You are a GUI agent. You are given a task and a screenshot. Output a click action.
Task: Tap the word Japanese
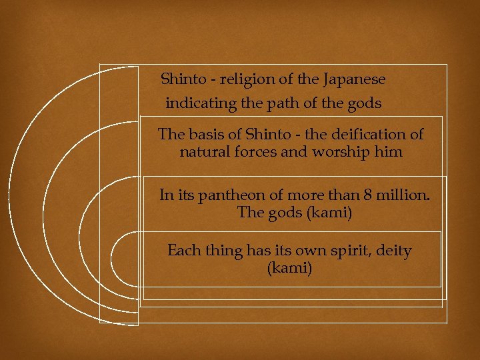354,79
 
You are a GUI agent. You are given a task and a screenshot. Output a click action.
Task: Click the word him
389,152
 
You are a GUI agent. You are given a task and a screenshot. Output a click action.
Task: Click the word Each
183,251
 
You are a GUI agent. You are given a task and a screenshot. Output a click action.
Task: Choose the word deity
393,251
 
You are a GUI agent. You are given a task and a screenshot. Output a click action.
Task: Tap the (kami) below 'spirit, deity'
289,269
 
